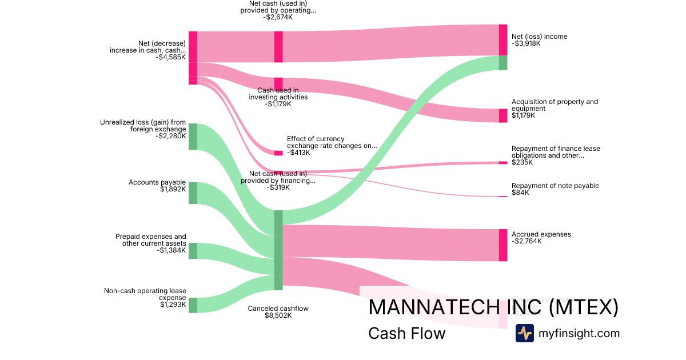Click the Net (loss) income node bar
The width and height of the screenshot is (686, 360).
click(503, 40)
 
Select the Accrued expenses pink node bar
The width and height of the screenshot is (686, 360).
click(503, 245)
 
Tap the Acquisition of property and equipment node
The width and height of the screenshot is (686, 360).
click(503, 115)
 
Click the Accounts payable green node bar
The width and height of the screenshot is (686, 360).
click(193, 193)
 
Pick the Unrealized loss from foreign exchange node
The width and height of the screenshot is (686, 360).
click(193, 137)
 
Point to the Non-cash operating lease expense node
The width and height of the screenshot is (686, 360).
click(193, 305)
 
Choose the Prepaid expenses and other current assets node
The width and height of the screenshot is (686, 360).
click(193, 251)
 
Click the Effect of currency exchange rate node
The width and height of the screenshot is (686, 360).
click(278, 153)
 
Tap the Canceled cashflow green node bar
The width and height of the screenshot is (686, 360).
click(278, 250)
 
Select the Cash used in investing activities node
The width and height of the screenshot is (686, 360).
click(278, 84)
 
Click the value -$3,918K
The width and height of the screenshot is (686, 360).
click(526, 44)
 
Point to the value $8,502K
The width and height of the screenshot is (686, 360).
click(278, 316)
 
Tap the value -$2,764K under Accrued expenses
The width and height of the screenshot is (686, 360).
click(526, 242)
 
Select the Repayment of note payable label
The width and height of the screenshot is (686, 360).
click(555, 186)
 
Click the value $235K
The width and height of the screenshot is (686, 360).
click(522, 162)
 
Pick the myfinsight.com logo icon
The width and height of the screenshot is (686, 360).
click(524, 333)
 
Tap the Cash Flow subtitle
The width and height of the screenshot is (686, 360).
click(406, 333)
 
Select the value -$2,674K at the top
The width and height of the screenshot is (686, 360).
click(278, 17)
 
